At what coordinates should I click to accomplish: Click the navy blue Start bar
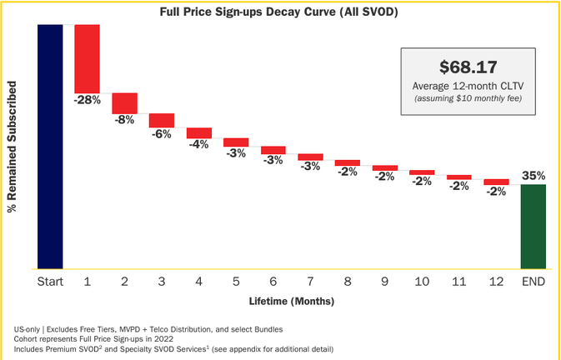coord(50,147)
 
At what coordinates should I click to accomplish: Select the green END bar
coord(533,227)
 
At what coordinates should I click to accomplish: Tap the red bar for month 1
coord(87,59)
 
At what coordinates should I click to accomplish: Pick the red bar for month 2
coord(124,103)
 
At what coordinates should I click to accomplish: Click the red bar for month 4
coord(199,133)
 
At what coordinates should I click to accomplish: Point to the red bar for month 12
coord(496,182)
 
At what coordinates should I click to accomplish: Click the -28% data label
coord(88,101)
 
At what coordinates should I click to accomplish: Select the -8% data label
coord(124,120)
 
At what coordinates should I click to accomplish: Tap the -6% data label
coord(162,134)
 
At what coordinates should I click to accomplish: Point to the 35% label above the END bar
coord(533,176)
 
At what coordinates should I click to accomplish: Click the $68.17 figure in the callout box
coord(468,67)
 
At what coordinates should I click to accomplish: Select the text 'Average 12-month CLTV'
coord(468,86)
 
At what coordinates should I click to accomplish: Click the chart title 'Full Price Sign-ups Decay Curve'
coord(248,12)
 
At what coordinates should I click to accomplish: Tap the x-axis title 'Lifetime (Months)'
coord(292,301)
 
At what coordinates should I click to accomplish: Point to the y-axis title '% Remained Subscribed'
coord(13,147)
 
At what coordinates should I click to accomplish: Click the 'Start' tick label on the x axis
coord(50,282)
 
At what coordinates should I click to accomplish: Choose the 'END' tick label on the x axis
coord(533,282)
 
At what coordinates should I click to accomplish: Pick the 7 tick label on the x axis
coord(310,282)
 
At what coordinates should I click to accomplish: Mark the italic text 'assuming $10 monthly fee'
coord(468,98)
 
